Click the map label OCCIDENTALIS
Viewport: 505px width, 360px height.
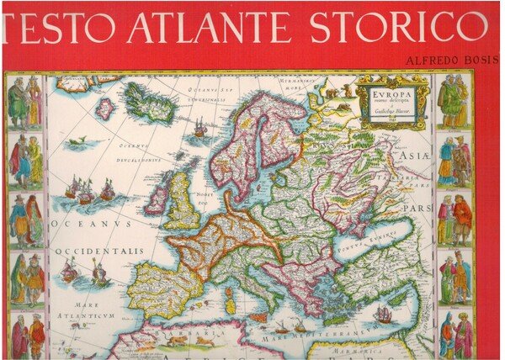[x=100, y=251]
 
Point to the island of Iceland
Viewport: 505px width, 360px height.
[x=151, y=102]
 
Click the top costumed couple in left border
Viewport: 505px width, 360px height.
[x=24, y=102]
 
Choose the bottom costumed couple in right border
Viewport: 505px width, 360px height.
[x=455, y=335]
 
